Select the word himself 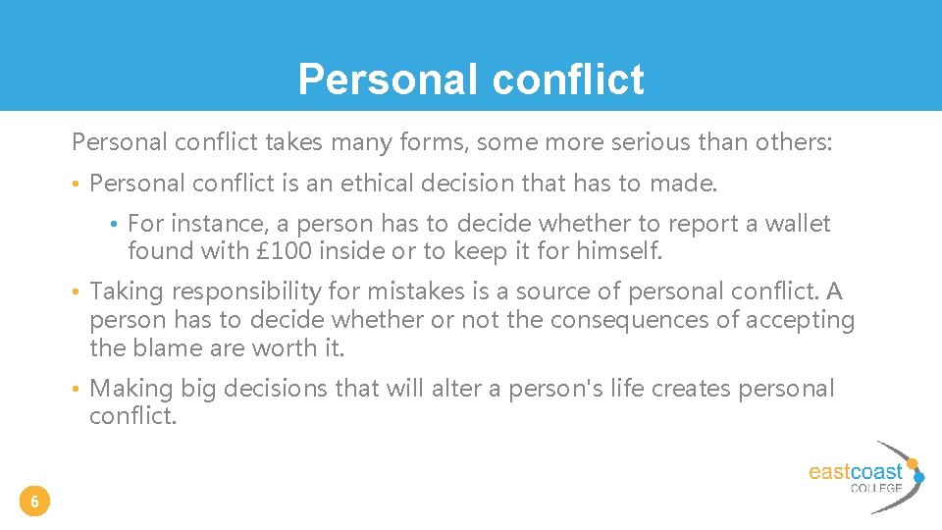click(x=618, y=252)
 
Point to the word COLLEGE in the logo click(x=876, y=488)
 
